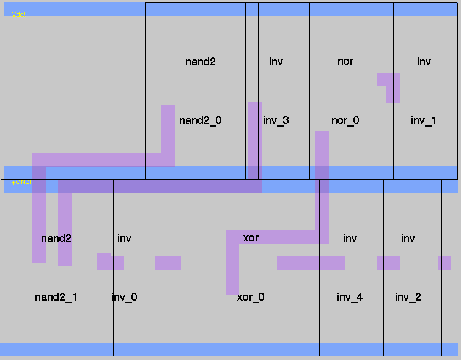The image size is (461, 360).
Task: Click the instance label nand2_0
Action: coord(200,120)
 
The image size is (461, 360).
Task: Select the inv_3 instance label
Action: coord(276,120)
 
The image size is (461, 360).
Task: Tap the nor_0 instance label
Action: coord(345,120)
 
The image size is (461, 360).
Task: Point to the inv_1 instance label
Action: coord(423,120)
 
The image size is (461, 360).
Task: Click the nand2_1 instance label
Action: coord(56,297)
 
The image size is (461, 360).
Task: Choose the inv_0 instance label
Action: coord(124,297)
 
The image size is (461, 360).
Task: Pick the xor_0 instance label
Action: coord(251,297)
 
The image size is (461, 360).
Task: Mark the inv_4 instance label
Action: coord(350,297)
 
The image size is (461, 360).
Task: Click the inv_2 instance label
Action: coord(408,297)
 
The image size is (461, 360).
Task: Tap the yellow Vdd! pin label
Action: coord(18,13)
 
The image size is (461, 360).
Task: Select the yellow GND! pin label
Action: coord(21,182)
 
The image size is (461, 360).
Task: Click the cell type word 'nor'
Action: coord(345,61)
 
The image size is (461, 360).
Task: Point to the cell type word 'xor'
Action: coord(251,238)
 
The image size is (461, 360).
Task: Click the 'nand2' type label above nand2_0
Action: coord(200,62)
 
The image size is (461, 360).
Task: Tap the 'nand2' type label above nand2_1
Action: coord(56,238)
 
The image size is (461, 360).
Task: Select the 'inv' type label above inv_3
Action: coord(276,62)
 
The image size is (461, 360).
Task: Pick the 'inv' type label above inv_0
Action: coord(124,238)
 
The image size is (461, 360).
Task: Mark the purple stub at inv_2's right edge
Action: coord(444,263)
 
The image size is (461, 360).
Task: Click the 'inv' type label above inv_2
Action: coord(408,238)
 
